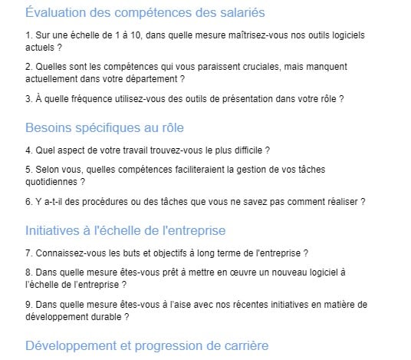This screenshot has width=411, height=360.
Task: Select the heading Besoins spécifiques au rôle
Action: (x=104, y=127)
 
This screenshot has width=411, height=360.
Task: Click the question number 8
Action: (x=28, y=272)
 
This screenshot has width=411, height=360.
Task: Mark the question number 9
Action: (x=28, y=304)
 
